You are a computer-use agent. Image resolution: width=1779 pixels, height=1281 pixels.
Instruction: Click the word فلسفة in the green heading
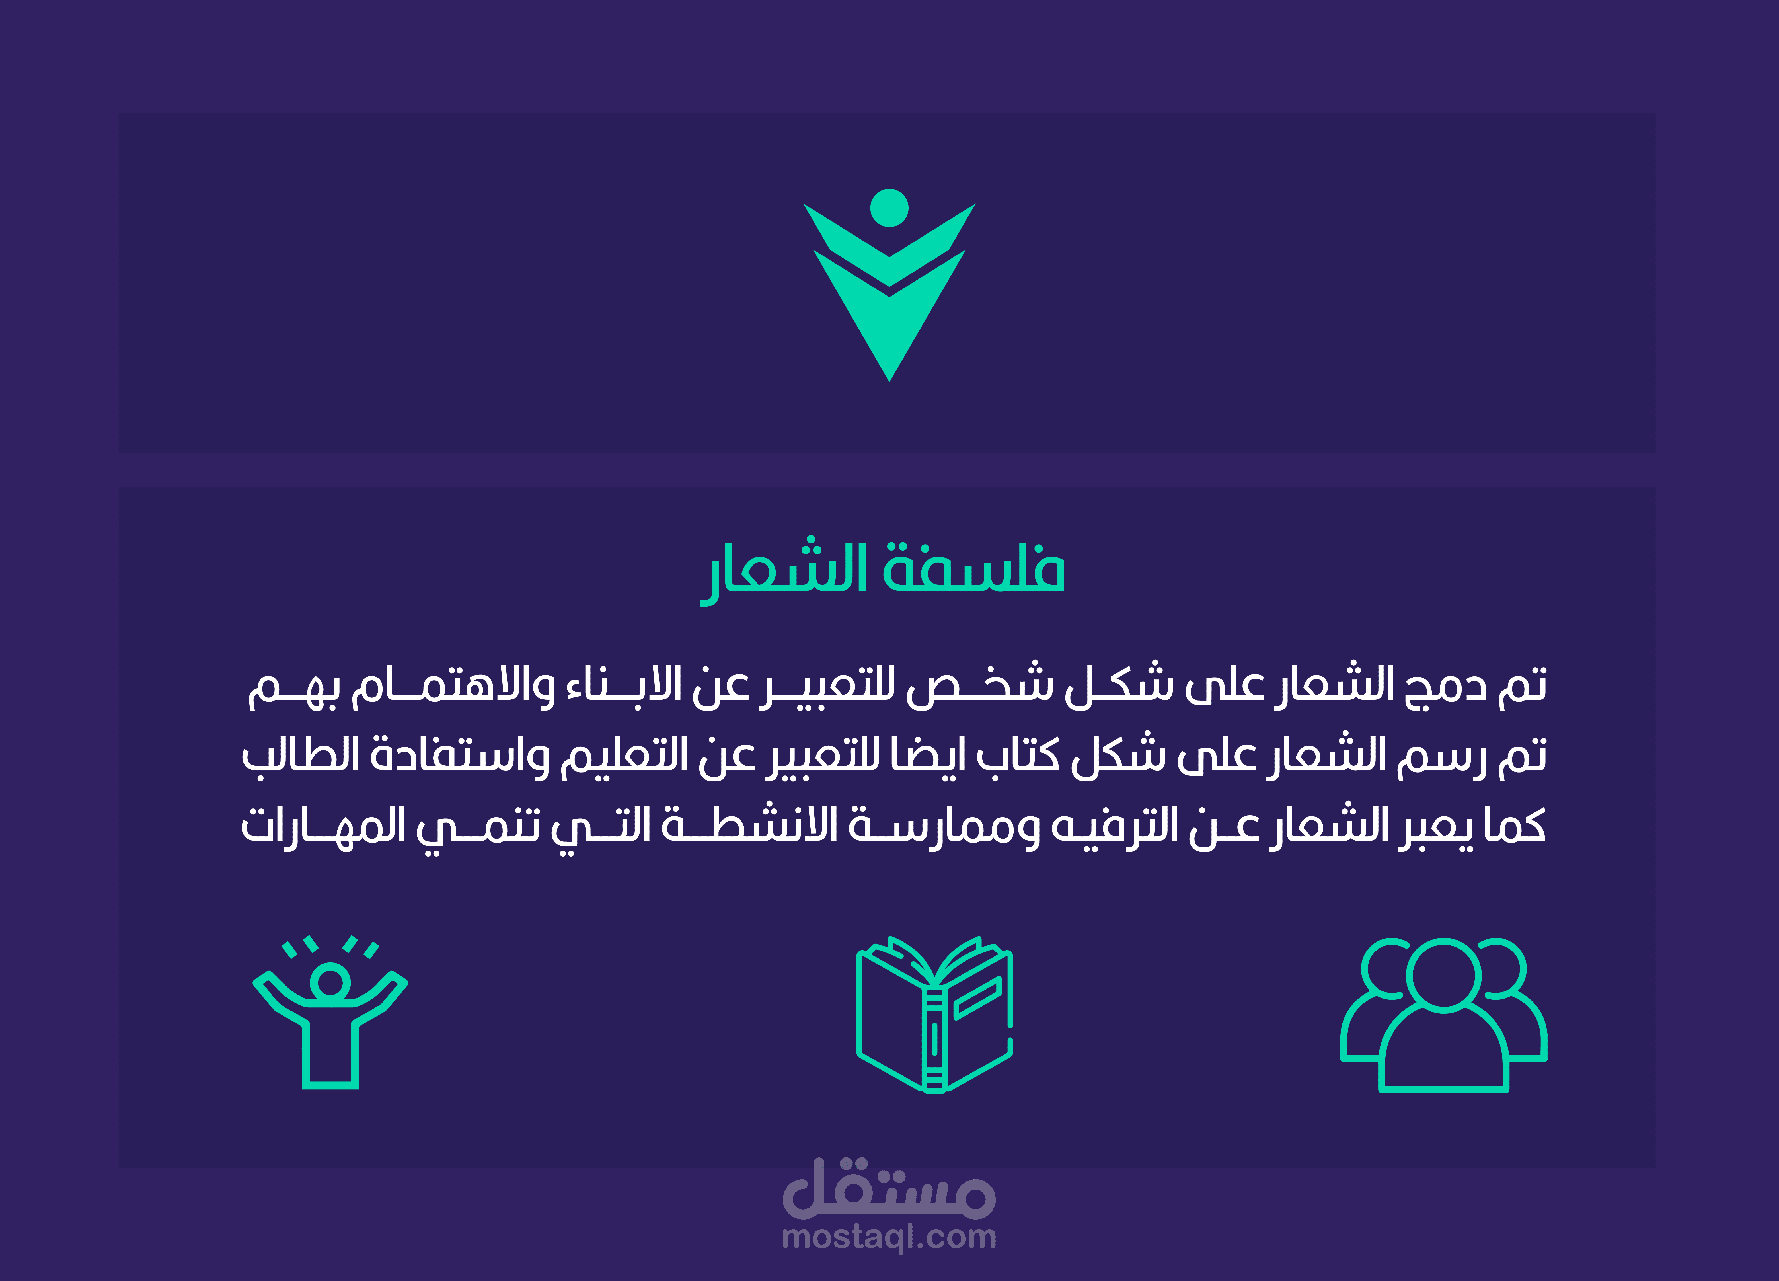pos(974,566)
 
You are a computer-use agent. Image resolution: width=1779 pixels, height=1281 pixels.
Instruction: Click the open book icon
pos(934,1013)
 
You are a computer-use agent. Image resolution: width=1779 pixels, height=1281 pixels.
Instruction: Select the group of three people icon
pos(1443,1014)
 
